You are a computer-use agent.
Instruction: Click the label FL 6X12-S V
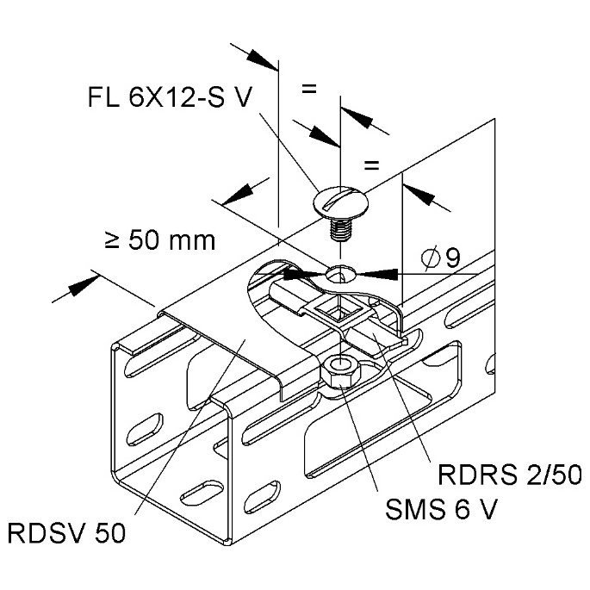pos(170,97)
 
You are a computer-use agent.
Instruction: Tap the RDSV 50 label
pos(66,533)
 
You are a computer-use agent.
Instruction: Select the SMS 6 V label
pos(441,509)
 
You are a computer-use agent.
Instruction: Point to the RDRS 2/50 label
pos(510,475)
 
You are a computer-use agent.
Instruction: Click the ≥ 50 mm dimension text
pos(160,240)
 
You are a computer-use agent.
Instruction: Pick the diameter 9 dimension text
pos(441,258)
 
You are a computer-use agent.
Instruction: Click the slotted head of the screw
pos(340,202)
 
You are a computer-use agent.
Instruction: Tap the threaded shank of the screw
pos(340,229)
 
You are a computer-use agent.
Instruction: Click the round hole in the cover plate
pos(339,274)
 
